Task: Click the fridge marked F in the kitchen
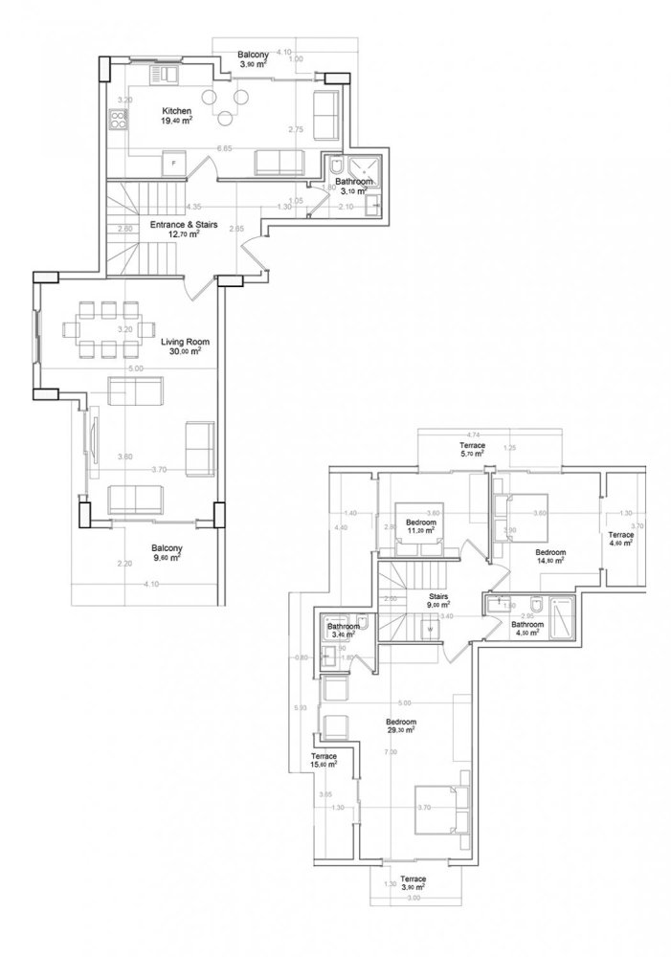[x=173, y=164]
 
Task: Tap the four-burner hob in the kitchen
[x=120, y=122]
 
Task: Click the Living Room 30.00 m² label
[x=185, y=346]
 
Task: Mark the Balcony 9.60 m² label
[x=166, y=553]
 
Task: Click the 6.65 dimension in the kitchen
[x=224, y=148]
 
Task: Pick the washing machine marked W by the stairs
[x=431, y=629]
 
